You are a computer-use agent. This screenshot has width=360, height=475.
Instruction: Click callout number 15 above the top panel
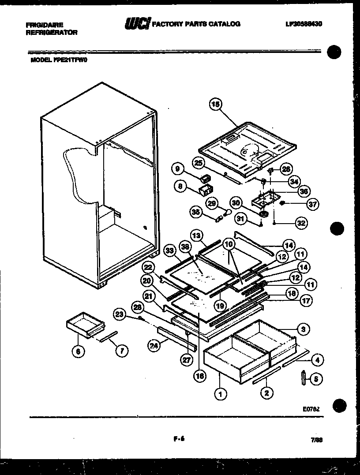click(x=215, y=105)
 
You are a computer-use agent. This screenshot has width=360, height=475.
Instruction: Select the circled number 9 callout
click(x=178, y=169)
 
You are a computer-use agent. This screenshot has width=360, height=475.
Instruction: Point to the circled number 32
click(x=301, y=223)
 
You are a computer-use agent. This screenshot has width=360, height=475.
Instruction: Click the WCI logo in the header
click(x=137, y=24)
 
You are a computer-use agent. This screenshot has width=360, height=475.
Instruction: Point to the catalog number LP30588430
click(x=301, y=24)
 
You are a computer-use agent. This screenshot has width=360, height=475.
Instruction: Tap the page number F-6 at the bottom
click(x=179, y=438)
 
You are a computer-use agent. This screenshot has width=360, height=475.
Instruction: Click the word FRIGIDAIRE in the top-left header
click(x=45, y=25)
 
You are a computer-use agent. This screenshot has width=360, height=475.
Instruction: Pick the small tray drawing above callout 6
click(x=86, y=325)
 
